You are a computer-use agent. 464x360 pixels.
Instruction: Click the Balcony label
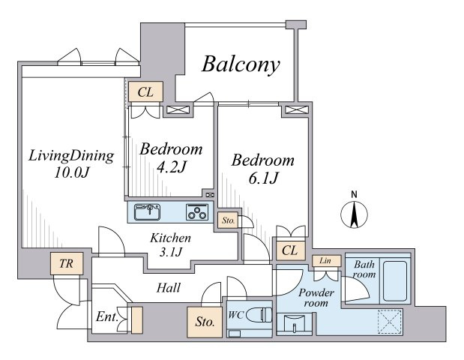coord(241,64)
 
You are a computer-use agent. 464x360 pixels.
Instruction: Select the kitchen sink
coord(147,212)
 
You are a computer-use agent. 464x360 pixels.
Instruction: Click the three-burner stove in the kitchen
coord(197,212)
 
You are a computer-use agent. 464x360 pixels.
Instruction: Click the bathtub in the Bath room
coord(395,280)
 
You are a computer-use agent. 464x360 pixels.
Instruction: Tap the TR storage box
coord(67,263)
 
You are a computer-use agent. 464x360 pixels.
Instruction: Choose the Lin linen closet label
coord(325,261)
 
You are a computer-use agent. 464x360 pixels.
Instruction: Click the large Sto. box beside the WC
coord(205,322)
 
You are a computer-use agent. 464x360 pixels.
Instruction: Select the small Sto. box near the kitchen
coord(228,220)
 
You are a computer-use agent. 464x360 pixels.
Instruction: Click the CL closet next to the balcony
coord(146,91)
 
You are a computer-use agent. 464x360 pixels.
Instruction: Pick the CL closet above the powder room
coord(290,250)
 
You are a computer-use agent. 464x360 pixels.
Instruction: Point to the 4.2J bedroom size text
coord(172,167)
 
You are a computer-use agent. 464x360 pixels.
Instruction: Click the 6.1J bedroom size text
coord(263,178)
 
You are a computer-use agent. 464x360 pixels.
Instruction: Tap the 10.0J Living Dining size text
coord(71,172)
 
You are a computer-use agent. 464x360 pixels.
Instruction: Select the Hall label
coord(169,288)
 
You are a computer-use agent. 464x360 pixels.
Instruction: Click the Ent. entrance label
coord(106,317)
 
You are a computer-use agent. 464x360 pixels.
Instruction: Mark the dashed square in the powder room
coord(391,322)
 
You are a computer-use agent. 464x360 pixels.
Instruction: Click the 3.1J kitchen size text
coord(170,252)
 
